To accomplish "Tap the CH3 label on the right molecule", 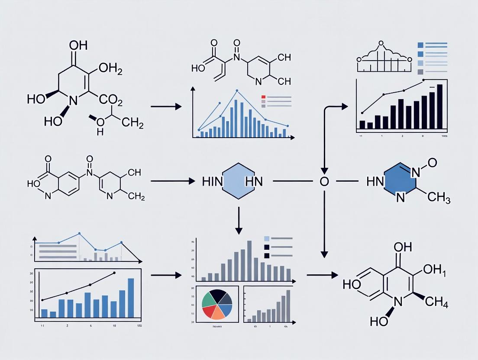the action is point(438,199).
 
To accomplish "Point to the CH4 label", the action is point(436,302).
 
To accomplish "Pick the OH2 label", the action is point(110,68).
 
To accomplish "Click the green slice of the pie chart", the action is point(209,298).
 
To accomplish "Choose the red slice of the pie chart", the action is point(210,311).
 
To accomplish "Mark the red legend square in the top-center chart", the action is point(263,97).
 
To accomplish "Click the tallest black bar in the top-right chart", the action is point(440,106).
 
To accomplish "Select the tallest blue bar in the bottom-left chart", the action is point(131,298).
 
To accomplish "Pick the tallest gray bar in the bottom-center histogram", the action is point(249,260).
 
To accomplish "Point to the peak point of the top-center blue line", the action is point(237,91).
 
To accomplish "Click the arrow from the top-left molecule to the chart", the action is point(166,106).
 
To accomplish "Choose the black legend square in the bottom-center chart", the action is point(267,247).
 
